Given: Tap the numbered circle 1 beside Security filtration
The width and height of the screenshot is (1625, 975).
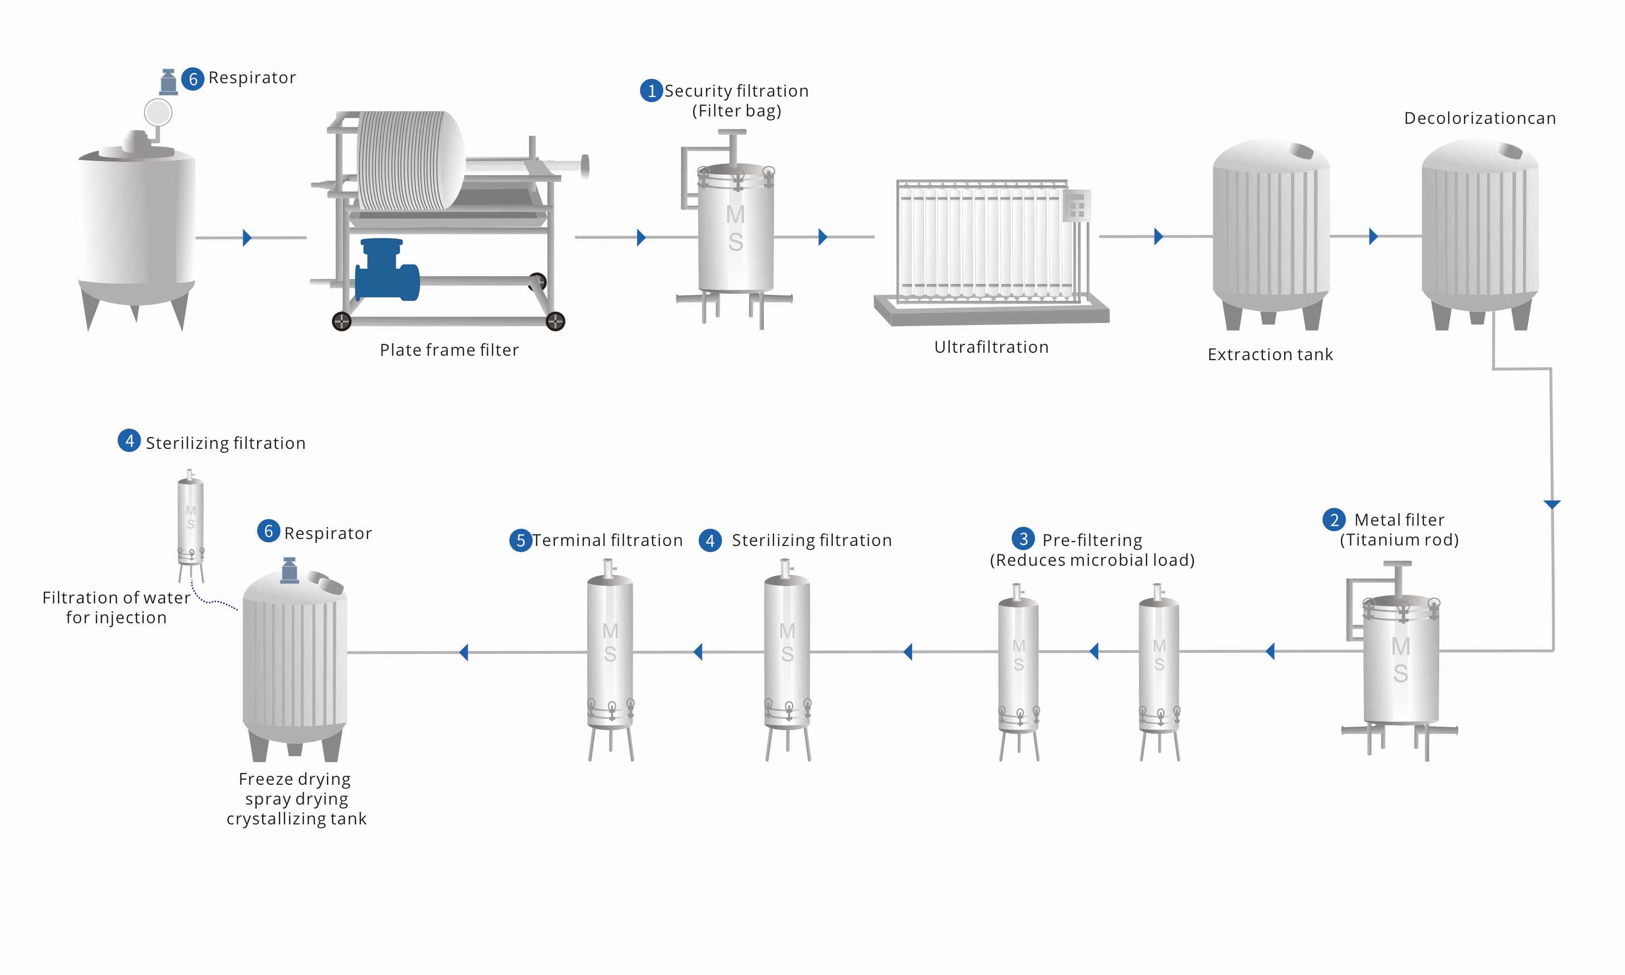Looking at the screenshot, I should [x=650, y=91].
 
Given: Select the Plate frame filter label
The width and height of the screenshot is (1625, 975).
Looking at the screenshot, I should [x=449, y=350].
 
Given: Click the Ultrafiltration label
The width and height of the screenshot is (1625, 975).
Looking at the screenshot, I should [x=991, y=347].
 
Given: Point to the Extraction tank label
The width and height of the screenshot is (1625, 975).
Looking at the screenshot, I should [x=1270, y=355].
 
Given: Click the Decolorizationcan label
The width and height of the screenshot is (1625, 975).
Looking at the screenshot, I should [x=1479, y=118].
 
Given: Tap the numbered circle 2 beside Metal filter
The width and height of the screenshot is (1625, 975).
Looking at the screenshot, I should [x=1333, y=520].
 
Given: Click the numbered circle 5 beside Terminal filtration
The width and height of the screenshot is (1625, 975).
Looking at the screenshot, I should [x=520, y=540].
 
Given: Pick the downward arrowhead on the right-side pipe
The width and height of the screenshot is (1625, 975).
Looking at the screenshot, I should [x=1552, y=504].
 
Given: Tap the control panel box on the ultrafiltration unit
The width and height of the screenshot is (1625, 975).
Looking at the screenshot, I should [x=1077, y=206].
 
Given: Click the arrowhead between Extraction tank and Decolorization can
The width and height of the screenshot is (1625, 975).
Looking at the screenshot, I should [x=1373, y=236].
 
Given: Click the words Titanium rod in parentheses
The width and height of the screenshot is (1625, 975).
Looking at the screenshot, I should [x=1399, y=540].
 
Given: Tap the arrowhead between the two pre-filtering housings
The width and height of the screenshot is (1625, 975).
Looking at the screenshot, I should [x=1093, y=652].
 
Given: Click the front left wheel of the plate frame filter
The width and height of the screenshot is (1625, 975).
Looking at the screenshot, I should [x=341, y=321].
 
